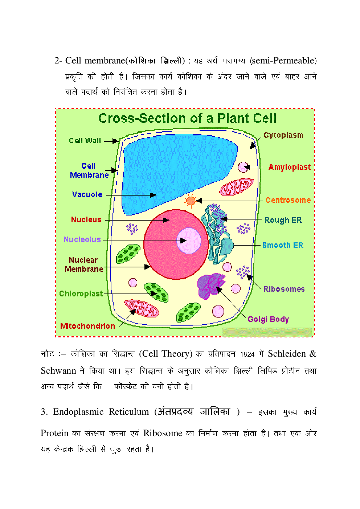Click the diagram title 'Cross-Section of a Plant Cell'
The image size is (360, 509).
[x=187, y=119]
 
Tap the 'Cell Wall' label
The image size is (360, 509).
[x=85, y=141]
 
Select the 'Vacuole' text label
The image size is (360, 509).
[x=87, y=194]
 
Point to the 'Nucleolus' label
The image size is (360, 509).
[x=82, y=239]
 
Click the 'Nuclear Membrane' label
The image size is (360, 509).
[x=84, y=264]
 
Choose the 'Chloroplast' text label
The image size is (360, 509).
[x=81, y=294]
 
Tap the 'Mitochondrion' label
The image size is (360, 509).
[x=87, y=326]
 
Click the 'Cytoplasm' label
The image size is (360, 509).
[x=283, y=135]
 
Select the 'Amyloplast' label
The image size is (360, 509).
[x=290, y=167]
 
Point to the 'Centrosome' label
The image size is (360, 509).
[x=288, y=200]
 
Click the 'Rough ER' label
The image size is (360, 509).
[x=283, y=220]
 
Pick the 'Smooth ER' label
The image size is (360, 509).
[x=283, y=245]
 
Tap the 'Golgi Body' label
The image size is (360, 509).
[x=268, y=320]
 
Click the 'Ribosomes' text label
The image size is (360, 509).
[x=284, y=289]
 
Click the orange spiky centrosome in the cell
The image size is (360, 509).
[x=191, y=201]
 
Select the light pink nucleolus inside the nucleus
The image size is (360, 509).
[x=189, y=241]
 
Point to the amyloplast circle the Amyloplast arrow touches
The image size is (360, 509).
[x=243, y=167]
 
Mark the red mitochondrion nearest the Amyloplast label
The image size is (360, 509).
[x=237, y=187]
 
